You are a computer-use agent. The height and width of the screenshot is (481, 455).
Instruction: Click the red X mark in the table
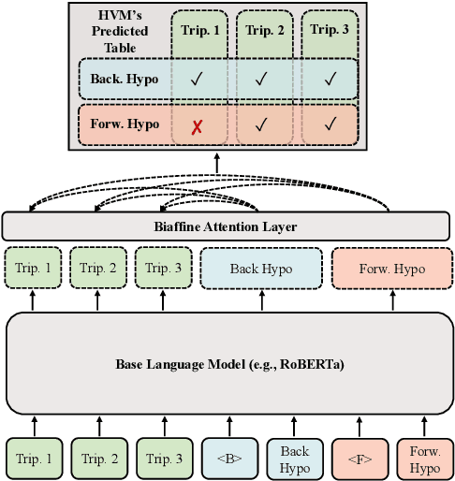(197, 124)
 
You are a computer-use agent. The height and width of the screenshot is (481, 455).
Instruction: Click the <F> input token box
(360, 459)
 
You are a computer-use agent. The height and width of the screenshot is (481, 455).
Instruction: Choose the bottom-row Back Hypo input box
(295, 459)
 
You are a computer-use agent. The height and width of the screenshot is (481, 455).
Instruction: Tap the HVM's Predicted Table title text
(114, 30)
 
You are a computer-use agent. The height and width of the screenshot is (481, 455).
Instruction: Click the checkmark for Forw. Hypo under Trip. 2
(262, 124)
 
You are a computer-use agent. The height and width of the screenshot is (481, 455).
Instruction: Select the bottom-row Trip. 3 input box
(164, 459)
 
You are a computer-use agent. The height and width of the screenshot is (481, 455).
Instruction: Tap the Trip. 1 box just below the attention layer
(33, 270)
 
